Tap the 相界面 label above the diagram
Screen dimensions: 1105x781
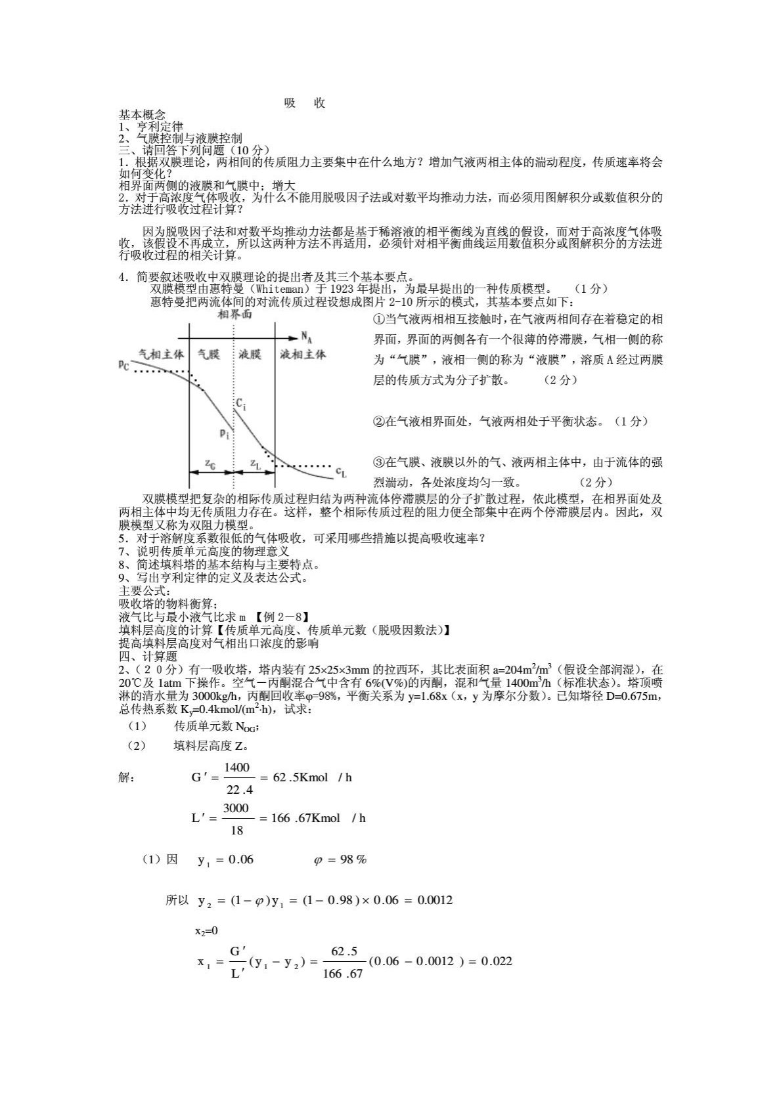click(x=234, y=315)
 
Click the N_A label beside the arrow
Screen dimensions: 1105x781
click(x=307, y=337)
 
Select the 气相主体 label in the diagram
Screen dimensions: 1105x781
click(x=162, y=354)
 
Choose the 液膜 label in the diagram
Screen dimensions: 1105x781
click(x=250, y=354)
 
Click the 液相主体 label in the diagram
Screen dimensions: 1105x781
click(x=303, y=354)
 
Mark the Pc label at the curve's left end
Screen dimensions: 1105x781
click(x=124, y=364)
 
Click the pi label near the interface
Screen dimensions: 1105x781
click(x=224, y=433)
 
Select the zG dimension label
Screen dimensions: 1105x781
click(x=210, y=464)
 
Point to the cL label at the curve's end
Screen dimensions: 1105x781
click(x=341, y=471)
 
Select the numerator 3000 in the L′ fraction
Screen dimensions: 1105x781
click(x=236, y=808)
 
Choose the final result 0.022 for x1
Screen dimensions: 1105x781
click(x=497, y=961)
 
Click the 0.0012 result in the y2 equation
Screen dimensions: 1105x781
click(x=435, y=899)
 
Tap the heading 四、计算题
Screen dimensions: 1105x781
click(x=148, y=656)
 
